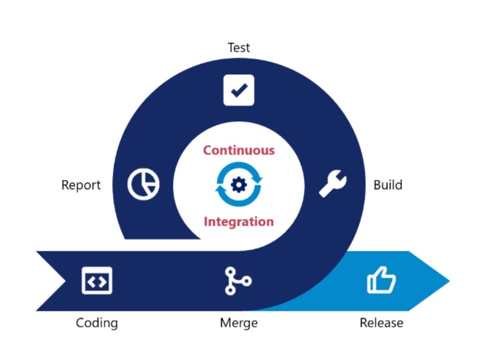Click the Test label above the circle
[x=239, y=47]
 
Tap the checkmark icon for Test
[x=239, y=90]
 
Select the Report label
[x=81, y=185]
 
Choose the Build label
[x=388, y=185]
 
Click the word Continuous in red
[x=239, y=150]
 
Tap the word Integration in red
[x=239, y=222]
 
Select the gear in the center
[x=239, y=185]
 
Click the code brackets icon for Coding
[x=97, y=280]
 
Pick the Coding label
[x=97, y=322]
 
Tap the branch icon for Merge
[x=237, y=281]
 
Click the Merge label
[x=239, y=322]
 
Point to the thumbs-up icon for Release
[x=381, y=280]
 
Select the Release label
[x=381, y=322]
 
